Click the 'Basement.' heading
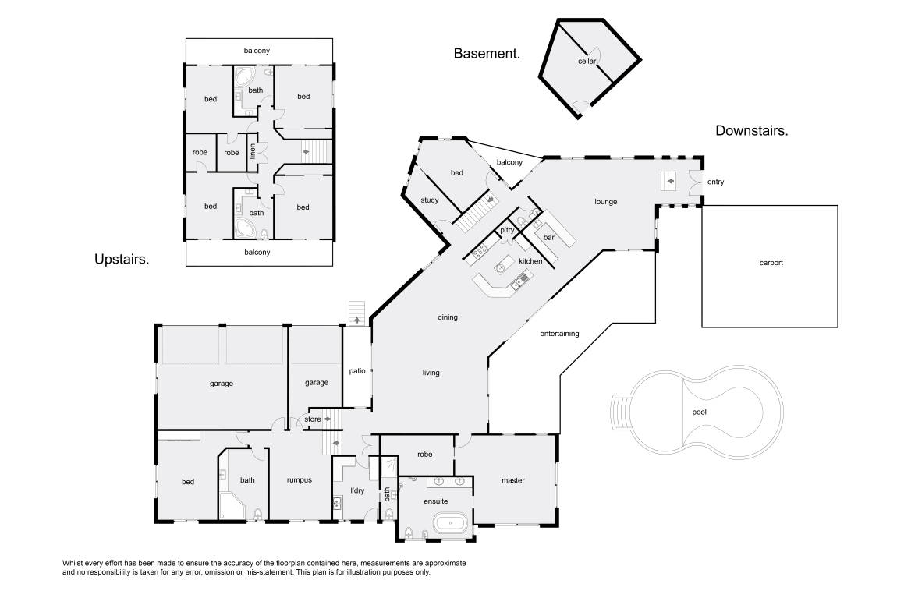point(487,54)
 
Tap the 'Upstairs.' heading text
point(122,260)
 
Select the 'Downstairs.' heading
point(752,131)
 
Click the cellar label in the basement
point(587,61)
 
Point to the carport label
point(771,263)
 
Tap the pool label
point(699,412)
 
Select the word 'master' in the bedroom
point(513,481)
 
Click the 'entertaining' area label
point(559,334)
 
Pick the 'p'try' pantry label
point(508,231)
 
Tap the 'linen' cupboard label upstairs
point(253,151)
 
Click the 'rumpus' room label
point(300,480)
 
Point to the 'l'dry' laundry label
point(357,490)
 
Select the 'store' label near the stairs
point(312,419)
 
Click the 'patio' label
point(357,371)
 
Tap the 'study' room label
point(430,200)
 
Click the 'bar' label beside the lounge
point(548,237)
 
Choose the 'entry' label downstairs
point(716,182)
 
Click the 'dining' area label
point(448,317)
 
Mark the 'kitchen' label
point(530,261)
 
